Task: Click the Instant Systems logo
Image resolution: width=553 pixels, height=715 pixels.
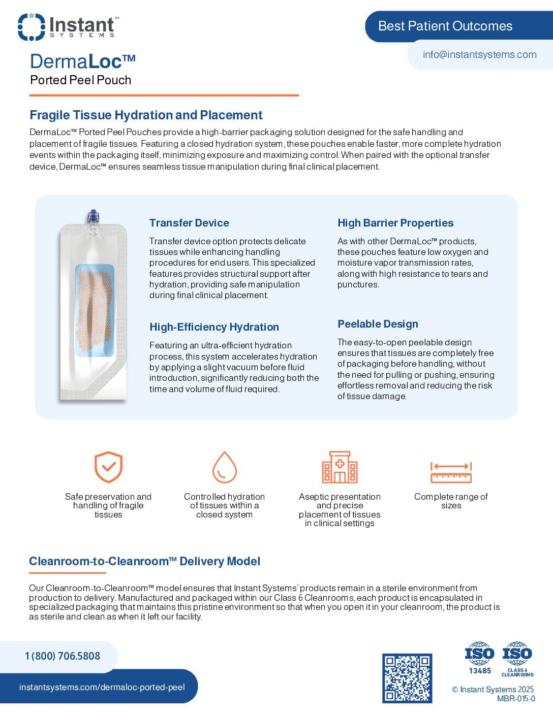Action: pyautogui.click(x=68, y=27)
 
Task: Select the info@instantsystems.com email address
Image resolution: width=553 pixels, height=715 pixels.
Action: pyautogui.click(x=479, y=54)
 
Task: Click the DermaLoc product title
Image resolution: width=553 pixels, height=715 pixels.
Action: pyautogui.click(x=82, y=61)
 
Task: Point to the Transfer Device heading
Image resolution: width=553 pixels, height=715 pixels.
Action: pyautogui.click(x=189, y=223)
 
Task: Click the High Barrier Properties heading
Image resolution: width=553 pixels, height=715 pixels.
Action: pyautogui.click(x=395, y=223)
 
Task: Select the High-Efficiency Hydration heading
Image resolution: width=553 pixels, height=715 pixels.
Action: pyautogui.click(x=214, y=327)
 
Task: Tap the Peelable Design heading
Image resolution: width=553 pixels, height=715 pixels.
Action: pyautogui.click(x=378, y=324)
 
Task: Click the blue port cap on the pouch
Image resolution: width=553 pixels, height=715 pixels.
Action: pyautogui.click(x=93, y=216)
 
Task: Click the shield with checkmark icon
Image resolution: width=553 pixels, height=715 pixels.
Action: pyautogui.click(x=108, y=467)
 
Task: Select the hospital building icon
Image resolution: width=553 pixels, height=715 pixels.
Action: pyautogui.click(x=340, y=467)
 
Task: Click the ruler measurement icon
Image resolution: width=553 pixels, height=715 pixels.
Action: pyautogui.click(x=451, y=472)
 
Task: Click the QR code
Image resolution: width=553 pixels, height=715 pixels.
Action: pyautogui.click(x=407, y=678)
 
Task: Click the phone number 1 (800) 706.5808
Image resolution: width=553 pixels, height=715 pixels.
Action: pyautogui.click(x=63, y=656)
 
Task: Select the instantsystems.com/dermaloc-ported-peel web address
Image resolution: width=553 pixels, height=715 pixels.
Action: pyautogui.click(x=102, y=687)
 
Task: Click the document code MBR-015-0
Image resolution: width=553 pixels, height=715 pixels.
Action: pyautogui.click(x=516, y=699)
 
